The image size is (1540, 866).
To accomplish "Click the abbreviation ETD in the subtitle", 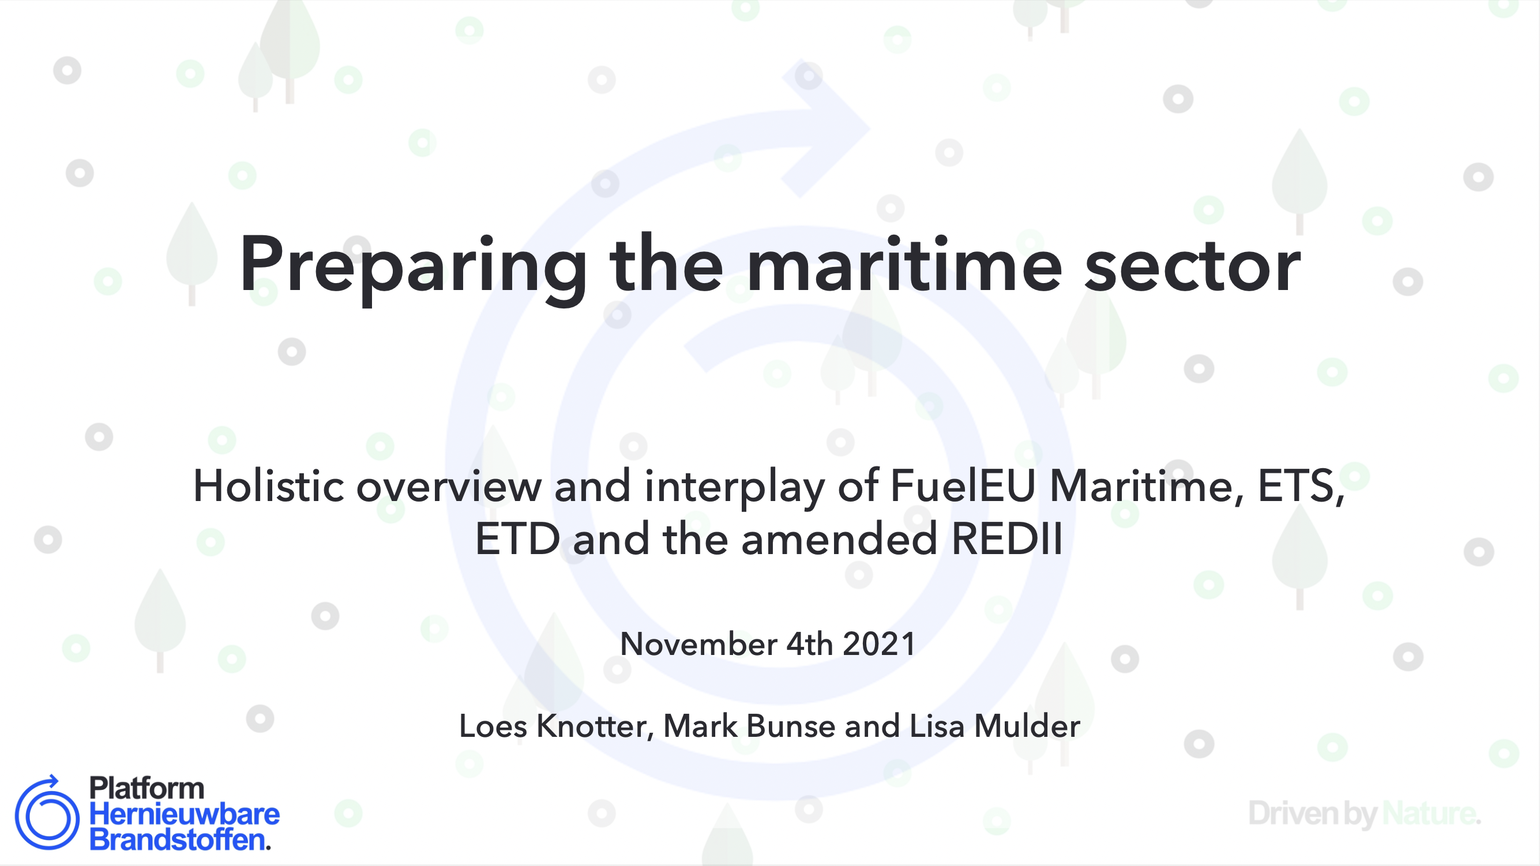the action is tap(518, 539).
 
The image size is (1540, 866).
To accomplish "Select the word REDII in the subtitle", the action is tap(1006, 539).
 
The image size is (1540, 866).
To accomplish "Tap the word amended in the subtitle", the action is tap(839, 539).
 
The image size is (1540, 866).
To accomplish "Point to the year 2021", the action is tap(879, 644).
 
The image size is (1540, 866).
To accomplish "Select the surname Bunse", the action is tap(791, 726).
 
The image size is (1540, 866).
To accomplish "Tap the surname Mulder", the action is tap(1027, 726).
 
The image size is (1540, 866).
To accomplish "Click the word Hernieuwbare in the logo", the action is tap(184, 814).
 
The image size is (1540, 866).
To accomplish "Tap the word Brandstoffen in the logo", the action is tap(178, 839).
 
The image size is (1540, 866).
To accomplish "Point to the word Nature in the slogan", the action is tap(1429, 814).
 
